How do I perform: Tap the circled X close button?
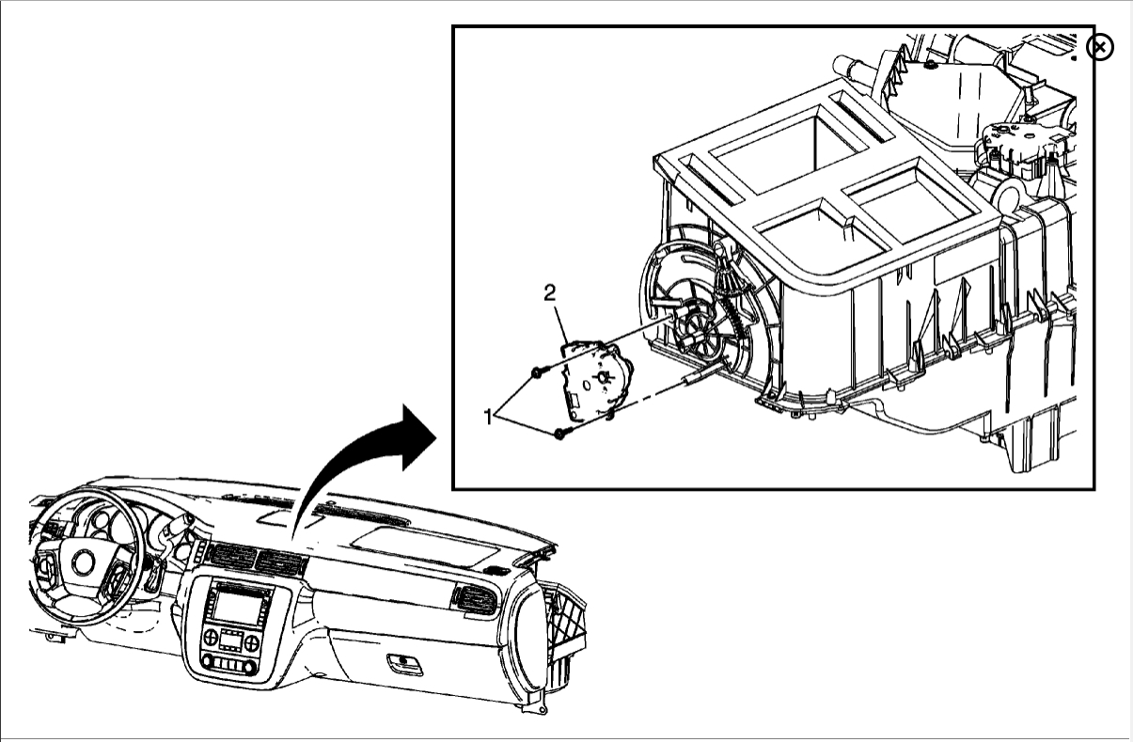[1100, 46]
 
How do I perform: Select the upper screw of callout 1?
[537, 372]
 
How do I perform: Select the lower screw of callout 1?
[561, 434]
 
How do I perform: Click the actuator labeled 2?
[593, 382]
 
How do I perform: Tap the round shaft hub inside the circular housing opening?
[695, 328]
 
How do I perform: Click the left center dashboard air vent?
[232, 556]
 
